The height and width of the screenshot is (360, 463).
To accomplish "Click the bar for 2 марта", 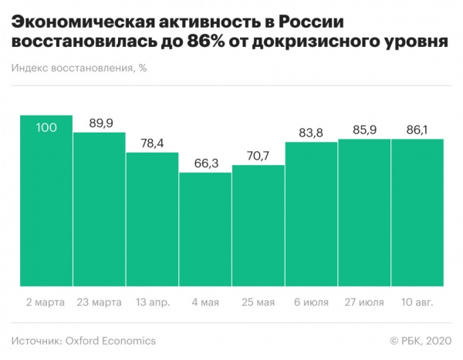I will pyautogui.click(x=46, y=200).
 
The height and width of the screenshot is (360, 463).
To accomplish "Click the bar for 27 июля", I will pyautogui.click(x=364, y=213).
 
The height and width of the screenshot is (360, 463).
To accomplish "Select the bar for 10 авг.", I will pyautogui.click(x=417, y=213).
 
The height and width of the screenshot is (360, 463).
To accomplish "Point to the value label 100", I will pyautogui.click(x=46, y=126).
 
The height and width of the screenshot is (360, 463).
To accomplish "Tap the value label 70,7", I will pyautogui.click(x=259, y=155).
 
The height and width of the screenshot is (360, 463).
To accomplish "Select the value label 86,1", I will pyautogui.click(x=417, y=129).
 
